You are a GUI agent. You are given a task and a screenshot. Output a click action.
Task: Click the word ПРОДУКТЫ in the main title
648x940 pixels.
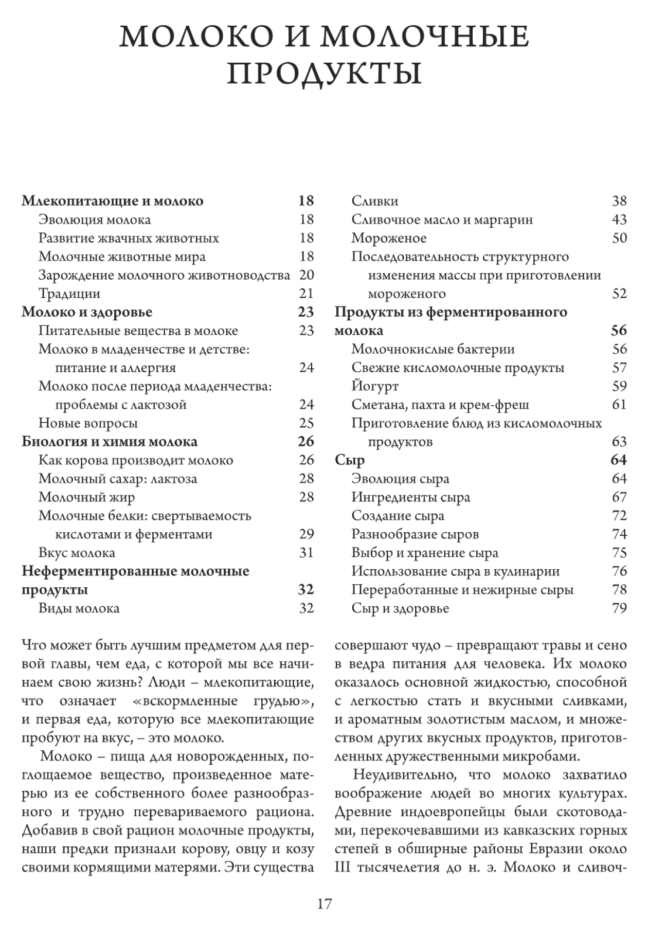[x=325, y=74]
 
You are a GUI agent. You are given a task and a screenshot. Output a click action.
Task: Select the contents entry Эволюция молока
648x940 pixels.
[x=95, y=220]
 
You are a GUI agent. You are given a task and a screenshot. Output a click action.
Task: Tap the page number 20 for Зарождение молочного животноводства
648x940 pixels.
[x=307, y=275]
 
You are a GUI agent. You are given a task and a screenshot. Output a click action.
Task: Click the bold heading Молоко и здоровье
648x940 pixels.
[x=87, y=312]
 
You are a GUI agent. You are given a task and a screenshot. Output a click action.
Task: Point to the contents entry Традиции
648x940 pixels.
[x=69, y=294]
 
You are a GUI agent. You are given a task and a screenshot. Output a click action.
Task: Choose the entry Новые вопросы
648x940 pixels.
[x=88, y=423]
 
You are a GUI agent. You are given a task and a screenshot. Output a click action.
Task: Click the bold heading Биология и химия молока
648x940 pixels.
[x=110, y=442]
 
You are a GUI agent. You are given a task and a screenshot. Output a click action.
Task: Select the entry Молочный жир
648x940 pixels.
[x=87, y=497]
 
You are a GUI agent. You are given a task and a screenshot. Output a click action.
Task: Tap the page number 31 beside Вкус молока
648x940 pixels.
[x=307, y=553]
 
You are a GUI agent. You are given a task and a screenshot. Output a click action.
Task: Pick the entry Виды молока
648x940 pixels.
[x=79, y=608]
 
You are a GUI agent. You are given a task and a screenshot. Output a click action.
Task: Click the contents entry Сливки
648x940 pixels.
[x=375, y=201]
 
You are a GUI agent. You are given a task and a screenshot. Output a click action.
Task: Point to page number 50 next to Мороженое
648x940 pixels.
[x=619, y=238]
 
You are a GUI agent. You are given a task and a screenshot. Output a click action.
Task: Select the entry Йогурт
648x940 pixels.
[x=375, y=386]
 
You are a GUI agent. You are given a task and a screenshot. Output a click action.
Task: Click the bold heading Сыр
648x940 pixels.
[x=350, y=460]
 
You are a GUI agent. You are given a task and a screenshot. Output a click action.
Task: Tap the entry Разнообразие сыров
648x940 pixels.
[x=415, y=534]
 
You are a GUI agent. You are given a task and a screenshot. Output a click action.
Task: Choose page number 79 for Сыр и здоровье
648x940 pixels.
[x=619, y=608]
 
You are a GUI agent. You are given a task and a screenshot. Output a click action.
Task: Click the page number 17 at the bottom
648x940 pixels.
[x=324, y=903]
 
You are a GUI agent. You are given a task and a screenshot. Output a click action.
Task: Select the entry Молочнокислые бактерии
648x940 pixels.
[x=433, y=349]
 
